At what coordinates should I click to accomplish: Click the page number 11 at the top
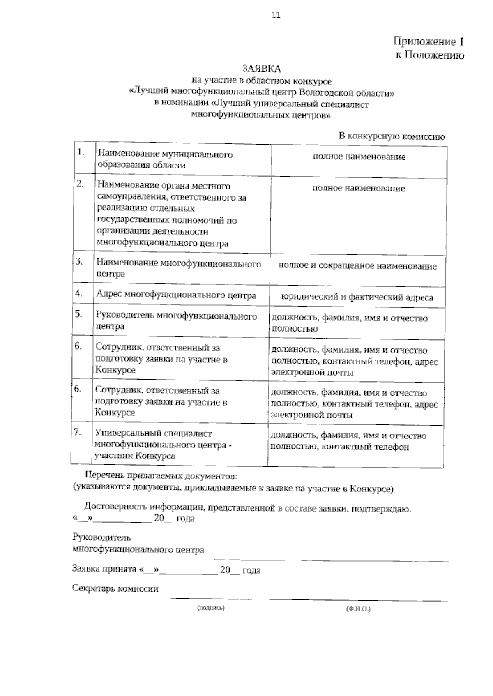(x=276, y=15)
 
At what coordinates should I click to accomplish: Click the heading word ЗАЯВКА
(x=261, y=69)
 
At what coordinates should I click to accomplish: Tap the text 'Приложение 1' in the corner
(x=428, y=41)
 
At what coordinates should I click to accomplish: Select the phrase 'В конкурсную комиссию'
(x=391, y=136)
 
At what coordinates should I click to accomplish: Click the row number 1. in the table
(x=81, y=152)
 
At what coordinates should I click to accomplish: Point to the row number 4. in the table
(x=79, y=293)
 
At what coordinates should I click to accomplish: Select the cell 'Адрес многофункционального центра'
(x=176, y=295)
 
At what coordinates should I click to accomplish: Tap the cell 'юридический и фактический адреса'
(x=357, y=297)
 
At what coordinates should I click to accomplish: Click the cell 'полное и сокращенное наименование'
(x=357, y=266)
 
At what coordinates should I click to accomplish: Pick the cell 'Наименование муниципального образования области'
(x=165, y=159)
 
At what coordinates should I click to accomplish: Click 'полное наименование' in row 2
(x=358, y=189)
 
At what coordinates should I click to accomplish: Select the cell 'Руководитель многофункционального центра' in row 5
(x=176, y=321)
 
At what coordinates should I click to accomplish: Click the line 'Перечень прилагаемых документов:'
(x=161, y=476)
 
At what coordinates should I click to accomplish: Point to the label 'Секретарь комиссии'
(x=115, y=588)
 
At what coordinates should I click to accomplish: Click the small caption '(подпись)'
(x=211, y=608)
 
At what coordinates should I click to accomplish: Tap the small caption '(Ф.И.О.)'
(x=358, y=609)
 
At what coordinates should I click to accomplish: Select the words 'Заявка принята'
(x=104, y=569)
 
